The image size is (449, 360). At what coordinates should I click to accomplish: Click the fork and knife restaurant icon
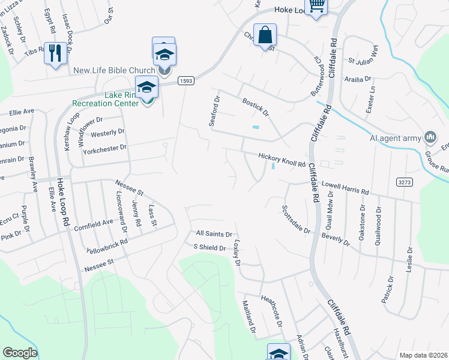tap(55, 52)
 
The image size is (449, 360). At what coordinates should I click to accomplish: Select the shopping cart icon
tap(316, 7)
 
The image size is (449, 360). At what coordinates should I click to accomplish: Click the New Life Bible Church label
tap(114, 71)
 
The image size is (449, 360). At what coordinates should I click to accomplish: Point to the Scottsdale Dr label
tap(295, 220)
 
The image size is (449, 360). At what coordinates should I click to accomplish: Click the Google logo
tap(20, 353)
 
